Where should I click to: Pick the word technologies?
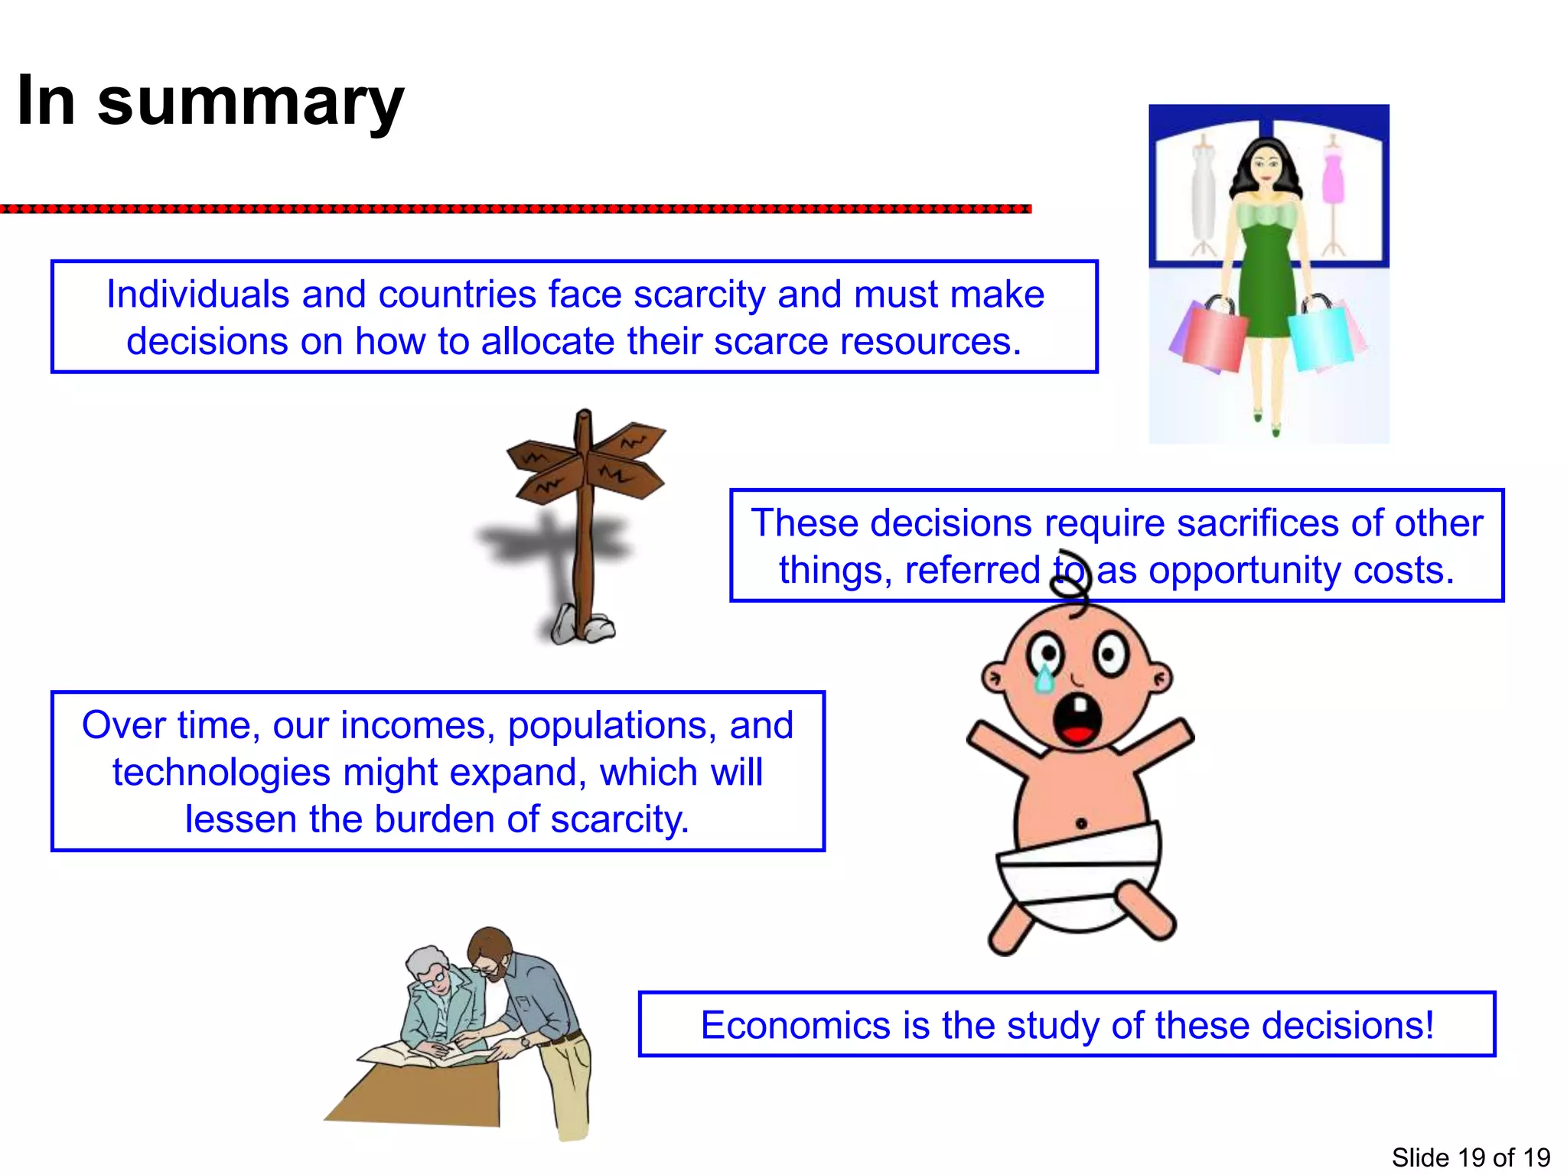(x=220, y=773)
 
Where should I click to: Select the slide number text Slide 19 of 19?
(x=1470, y=1157)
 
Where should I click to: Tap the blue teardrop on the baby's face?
(x=1044, y=678)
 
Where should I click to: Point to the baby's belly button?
(x=1081, y=824)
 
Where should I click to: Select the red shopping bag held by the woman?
(x=1215, y=340)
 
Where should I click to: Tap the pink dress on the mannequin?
(x=1334, y=177)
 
